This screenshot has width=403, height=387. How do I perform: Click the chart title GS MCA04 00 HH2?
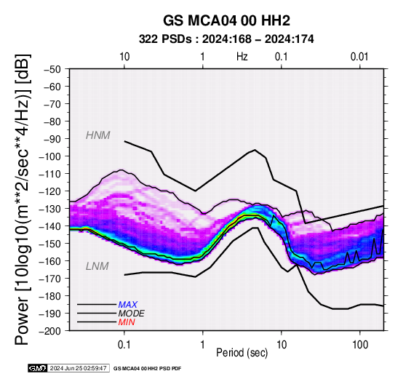coord(226,20)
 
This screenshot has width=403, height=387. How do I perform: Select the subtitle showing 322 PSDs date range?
coord(226,39)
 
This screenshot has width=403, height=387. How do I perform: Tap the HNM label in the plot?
coord(98,135)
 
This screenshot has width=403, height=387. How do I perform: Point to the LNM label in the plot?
coord(97,266)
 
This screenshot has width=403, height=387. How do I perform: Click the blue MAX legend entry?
coord(128,305)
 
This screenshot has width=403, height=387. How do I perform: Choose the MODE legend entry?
coord(132,314)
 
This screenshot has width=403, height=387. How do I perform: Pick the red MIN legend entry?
coord(127,322)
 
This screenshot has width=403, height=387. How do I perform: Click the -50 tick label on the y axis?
coord(52,69)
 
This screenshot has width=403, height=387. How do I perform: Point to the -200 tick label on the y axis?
coord(50,331)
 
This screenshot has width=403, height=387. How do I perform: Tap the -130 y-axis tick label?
coord(50,209)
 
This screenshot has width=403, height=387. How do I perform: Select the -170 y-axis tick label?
coord(50,279)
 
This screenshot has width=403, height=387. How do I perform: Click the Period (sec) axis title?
coord(242,353)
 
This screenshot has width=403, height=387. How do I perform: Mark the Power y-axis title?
coord(23,199)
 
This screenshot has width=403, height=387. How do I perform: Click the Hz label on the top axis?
coord(242,57)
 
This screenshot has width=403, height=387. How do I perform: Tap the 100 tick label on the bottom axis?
coord(360,345)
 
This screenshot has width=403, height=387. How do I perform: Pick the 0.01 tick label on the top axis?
coord(359,57)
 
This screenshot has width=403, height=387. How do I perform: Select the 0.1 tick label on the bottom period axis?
coord(124,345)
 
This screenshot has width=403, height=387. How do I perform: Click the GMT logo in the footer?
coord(38,368)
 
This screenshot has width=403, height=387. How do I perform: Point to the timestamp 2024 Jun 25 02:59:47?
coord(79,368)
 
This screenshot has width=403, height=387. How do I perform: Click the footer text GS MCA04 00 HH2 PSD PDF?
coord(147,369)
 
